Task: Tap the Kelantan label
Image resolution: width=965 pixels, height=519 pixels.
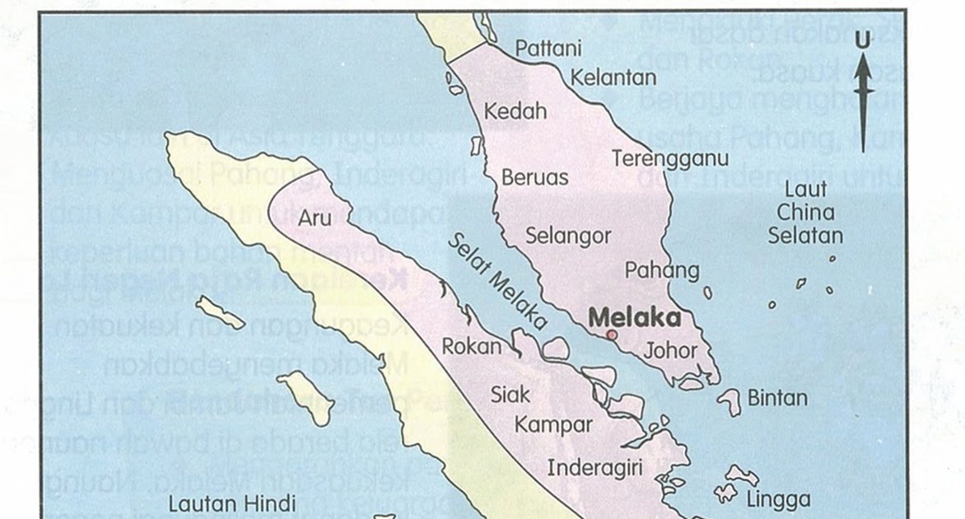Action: pyautogui.click(x=613, y=78)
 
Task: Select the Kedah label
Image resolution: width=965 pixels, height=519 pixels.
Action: pyautogui.click(x=515, y=110)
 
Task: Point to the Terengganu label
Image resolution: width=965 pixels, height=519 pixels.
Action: pyautogui.click(x=670, y=159)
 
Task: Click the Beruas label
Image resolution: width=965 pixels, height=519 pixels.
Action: pyautogui.click(x=535, y=177)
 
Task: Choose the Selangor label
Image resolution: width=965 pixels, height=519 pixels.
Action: pyautogui.click(x=568, y=236)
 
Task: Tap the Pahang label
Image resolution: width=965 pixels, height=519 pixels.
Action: pyautogui.click(x=662, y=269)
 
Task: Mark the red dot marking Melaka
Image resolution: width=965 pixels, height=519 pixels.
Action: pyautogui.click(x=611, y=334)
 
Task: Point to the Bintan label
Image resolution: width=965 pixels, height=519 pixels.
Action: pyautogui.click(x=777, y=398)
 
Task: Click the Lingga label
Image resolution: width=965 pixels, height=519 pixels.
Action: pyautogui.click(x=778, y=499)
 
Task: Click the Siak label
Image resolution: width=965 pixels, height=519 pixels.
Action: pyautogui.click(x=510, y=395)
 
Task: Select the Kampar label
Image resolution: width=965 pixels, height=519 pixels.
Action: pyautogui.click(x=553, y=425)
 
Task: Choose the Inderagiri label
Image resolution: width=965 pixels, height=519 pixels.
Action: pyautogui.click(x=594, y=468)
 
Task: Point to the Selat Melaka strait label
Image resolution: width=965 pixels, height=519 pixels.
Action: pyautogui.click(x=499, y=280)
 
